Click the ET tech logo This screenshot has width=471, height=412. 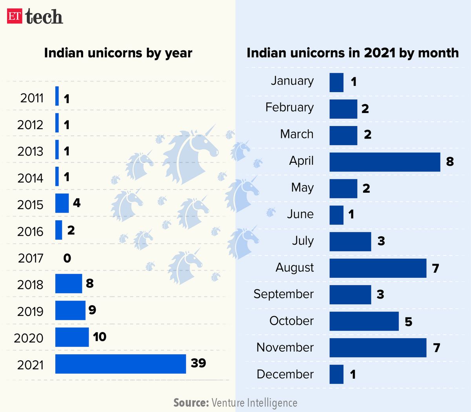[35, 16]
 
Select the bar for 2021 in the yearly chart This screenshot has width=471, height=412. [120, 364]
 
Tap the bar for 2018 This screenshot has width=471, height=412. [69, 284]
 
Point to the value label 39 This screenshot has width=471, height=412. [198, 363]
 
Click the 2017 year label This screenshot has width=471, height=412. [31, 258]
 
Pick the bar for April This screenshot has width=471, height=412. [385, 162]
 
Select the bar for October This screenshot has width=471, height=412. [364, 321]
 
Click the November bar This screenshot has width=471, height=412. [378, 348]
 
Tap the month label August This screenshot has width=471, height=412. [295, 268]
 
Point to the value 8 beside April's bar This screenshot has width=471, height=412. [450, 161]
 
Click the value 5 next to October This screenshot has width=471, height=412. [409, 322]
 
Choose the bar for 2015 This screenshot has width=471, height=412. [62, 203]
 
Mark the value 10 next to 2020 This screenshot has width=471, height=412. [100, 337]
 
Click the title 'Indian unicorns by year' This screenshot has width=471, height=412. [118, 53]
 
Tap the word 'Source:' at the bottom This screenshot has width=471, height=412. [191, 403]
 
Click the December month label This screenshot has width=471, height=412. [285, 374]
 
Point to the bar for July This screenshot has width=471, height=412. [350, 242]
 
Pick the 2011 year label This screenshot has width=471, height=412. [32, 98]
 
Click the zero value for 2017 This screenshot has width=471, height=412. [67, 258]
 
